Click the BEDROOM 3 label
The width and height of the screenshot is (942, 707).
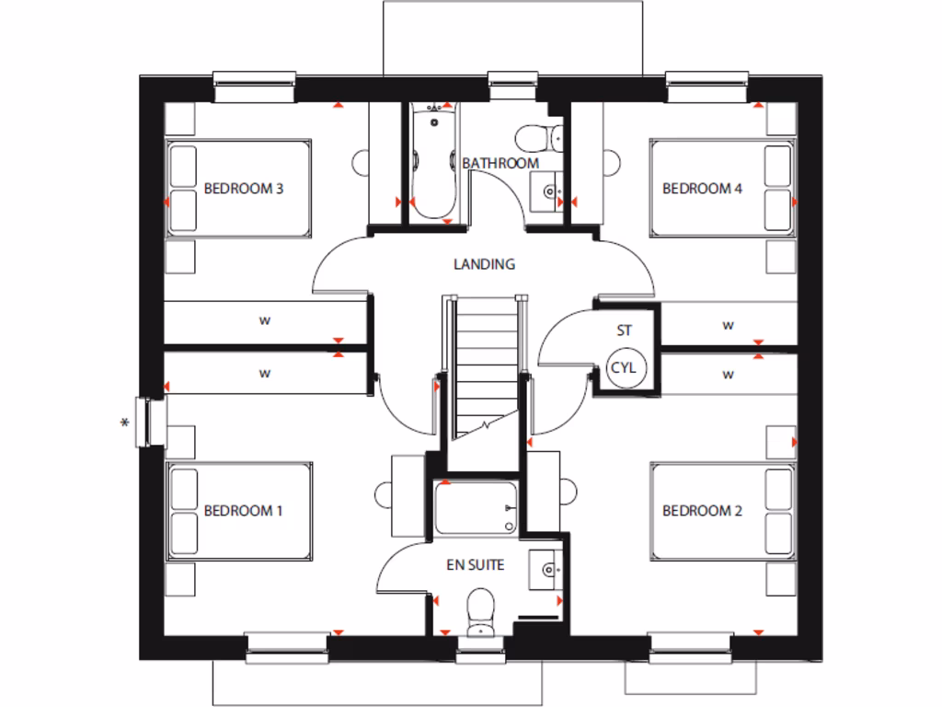244,189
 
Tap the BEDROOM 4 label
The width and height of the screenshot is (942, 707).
702,189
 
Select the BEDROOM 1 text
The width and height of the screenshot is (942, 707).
244,511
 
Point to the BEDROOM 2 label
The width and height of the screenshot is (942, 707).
702,511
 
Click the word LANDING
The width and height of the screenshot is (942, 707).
484,264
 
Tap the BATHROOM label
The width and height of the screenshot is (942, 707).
500,163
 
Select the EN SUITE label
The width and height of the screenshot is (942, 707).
476,565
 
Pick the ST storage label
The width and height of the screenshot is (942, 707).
625,330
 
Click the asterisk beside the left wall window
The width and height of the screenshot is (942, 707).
125,423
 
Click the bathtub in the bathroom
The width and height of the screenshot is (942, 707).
433,163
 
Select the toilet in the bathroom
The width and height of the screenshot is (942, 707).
534,138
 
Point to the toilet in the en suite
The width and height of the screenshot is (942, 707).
480,611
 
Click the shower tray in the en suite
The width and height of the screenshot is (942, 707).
475,508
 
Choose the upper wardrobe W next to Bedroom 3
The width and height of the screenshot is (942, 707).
265,322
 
